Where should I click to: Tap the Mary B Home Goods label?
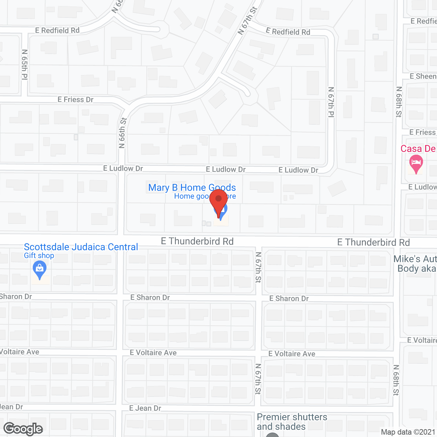[192, 187]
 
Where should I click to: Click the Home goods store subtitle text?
[191, 196]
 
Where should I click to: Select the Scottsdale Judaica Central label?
[81, 247]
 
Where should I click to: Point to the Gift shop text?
[39, 256]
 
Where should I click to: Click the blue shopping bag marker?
[40, 269]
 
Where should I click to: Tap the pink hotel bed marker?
[416, 163]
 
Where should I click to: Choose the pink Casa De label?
[418, 149]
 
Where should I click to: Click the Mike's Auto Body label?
[415, 264]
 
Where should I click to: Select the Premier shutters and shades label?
[292, 422]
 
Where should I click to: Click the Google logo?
[23, 429]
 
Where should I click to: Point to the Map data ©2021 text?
[408, 432]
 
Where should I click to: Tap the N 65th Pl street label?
[25, 65]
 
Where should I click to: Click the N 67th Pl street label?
[331, 102]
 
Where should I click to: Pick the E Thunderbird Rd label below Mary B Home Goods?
[197, 241]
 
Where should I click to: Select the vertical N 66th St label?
[123, 133]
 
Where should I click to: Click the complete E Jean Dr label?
[145, 408]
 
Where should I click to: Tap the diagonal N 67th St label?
[247, 21]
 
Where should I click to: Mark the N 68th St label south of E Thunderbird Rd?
[396, 380]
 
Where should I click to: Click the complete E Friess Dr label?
[75, 100]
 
